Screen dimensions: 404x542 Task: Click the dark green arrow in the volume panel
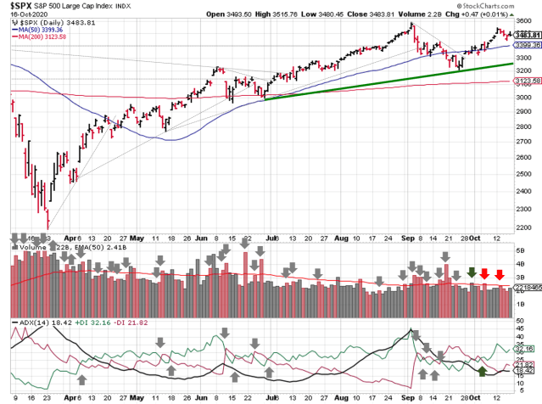point(472,272)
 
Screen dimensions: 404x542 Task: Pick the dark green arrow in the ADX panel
point(482,371)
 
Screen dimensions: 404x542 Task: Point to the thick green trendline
point(382,81)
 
